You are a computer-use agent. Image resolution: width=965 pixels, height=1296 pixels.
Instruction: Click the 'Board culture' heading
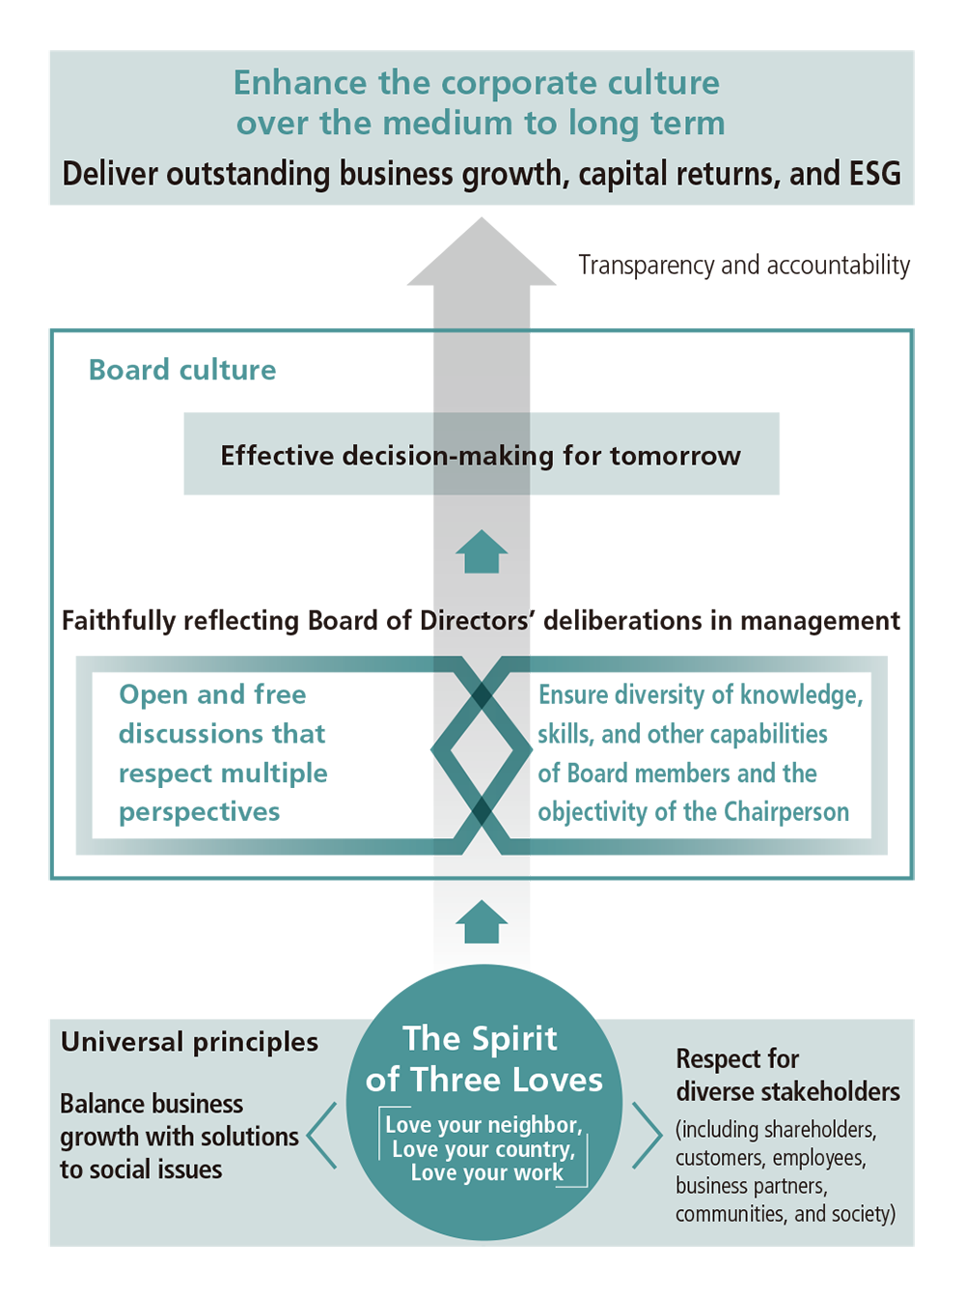[182, 370]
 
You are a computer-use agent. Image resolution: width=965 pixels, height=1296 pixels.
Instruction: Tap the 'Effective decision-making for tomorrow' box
[481, 455]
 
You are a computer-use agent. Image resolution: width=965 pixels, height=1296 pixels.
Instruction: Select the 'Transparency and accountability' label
[744, 265]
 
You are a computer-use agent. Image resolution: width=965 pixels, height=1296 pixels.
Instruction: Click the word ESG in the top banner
[874, 174]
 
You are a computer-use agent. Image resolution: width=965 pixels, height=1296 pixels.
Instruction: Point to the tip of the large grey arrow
[481, 222]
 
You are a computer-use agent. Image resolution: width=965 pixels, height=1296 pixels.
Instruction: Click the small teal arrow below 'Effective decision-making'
[481, 552]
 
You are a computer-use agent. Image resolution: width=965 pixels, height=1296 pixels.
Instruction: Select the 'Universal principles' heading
[189, 1042]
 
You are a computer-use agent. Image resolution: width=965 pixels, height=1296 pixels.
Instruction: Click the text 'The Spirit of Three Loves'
[482, 1059]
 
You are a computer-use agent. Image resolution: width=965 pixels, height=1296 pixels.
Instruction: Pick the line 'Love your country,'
[483, 1149]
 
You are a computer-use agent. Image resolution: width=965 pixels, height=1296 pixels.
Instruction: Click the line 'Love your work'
[486, 1172]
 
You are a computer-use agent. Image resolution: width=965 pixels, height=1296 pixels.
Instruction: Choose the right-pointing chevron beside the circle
[647, 1136]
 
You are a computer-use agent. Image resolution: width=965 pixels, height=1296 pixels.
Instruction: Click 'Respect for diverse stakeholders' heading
[786, 1075]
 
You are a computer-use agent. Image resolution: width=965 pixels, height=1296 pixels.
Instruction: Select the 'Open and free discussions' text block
[223, 753]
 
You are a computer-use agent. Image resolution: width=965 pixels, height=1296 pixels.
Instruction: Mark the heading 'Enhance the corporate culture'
[477, 83]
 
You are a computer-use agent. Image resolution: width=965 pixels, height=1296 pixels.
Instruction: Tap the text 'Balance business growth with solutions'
[179, 1120]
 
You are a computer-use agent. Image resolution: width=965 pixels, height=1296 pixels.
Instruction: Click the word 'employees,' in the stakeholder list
[819, 1158]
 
